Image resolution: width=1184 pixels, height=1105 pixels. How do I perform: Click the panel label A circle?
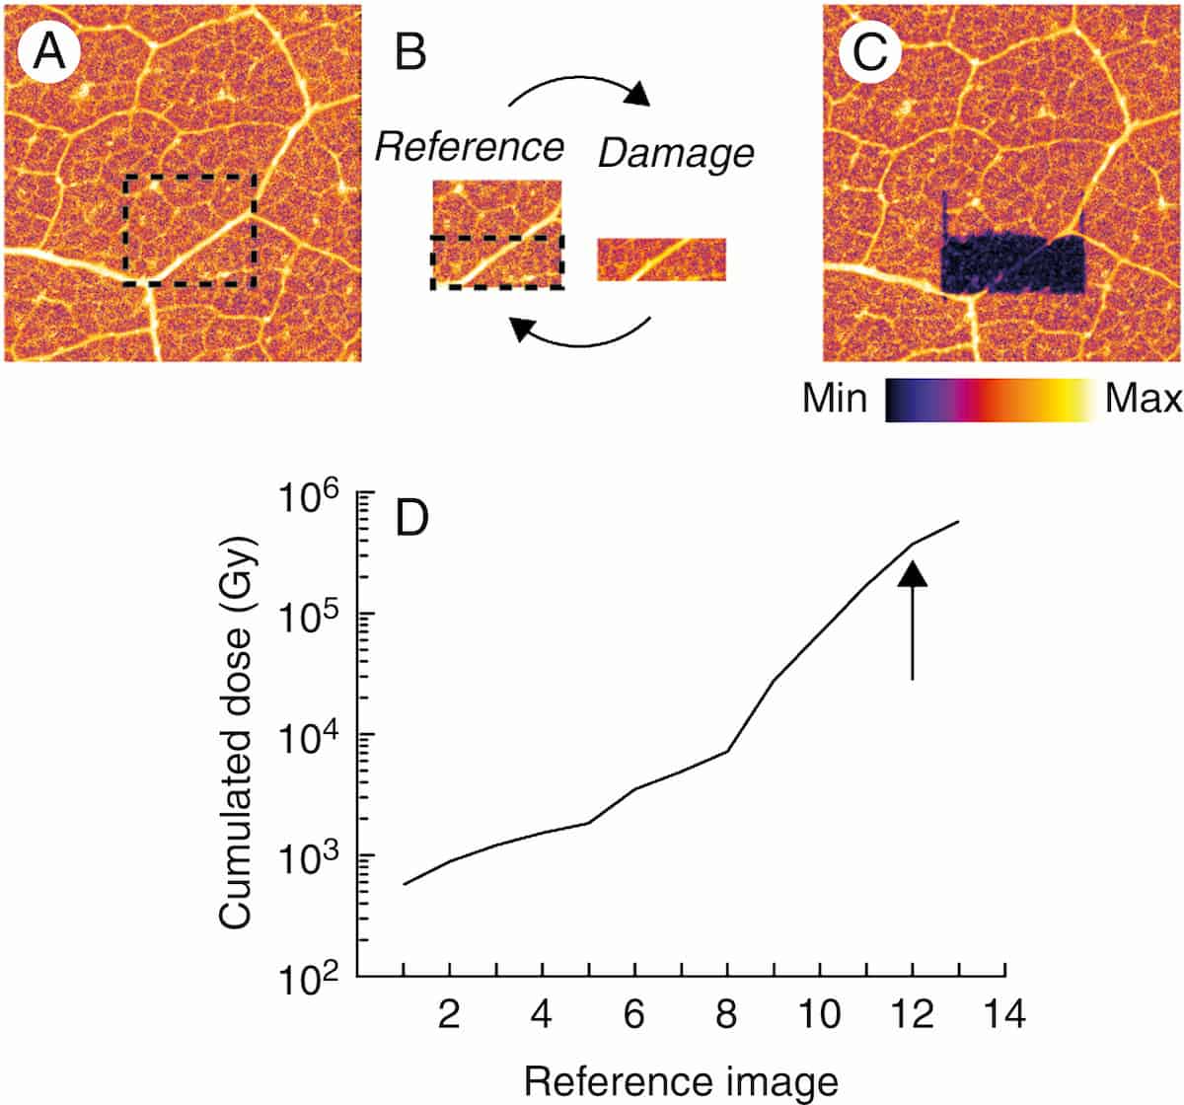(x=49, y=51)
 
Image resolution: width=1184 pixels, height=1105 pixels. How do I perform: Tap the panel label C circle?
(x=868, y=51)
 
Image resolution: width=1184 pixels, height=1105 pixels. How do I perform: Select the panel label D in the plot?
(x=423, y=518)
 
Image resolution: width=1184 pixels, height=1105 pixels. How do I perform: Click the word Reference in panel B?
(x=470, y=147)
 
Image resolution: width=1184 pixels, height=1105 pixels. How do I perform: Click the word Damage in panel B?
(x=676, y=153)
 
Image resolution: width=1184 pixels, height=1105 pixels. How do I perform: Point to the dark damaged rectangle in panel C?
(x=1011, y=264)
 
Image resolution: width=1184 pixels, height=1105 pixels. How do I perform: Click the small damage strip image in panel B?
(x=661, y=259)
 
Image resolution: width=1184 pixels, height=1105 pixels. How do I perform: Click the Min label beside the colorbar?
(x=835, y=400)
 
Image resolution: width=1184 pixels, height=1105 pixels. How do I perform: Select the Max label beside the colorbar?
(x=1143, y=400)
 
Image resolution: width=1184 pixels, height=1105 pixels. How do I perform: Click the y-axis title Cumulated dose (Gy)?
(x=237, y=732)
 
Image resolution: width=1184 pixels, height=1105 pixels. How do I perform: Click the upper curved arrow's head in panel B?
(x=638, y=94)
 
